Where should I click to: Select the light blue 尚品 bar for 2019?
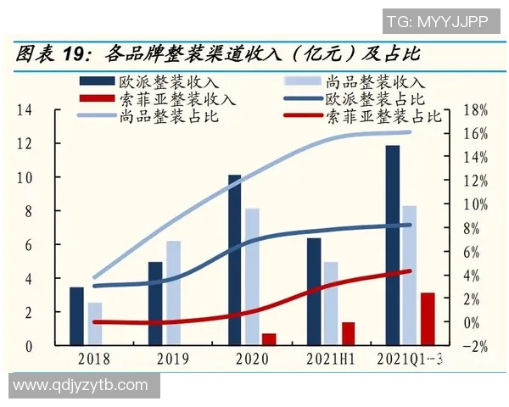click(x=173, y=293)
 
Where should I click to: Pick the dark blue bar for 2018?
click(x=76, y=316)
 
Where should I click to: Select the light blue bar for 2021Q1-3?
click(x=409, y=276)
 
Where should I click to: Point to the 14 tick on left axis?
click(x=25, y=110)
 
